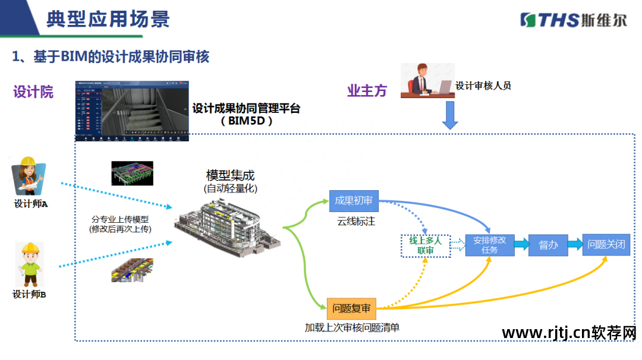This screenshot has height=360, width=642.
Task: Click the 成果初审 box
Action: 354,201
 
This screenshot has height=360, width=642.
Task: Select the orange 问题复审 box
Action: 351,308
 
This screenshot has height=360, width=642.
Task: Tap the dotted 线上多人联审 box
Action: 426,245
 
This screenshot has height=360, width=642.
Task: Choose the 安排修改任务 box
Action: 489,244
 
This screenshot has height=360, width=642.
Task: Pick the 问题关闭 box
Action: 606,244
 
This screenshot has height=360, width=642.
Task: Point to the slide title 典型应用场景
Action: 108,19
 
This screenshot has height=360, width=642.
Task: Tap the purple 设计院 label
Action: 33,91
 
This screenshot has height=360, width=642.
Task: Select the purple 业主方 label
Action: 367,91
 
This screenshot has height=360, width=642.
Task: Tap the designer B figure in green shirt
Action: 29,266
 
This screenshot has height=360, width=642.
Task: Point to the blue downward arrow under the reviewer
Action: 450,115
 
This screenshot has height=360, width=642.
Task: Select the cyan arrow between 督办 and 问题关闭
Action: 573,244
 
